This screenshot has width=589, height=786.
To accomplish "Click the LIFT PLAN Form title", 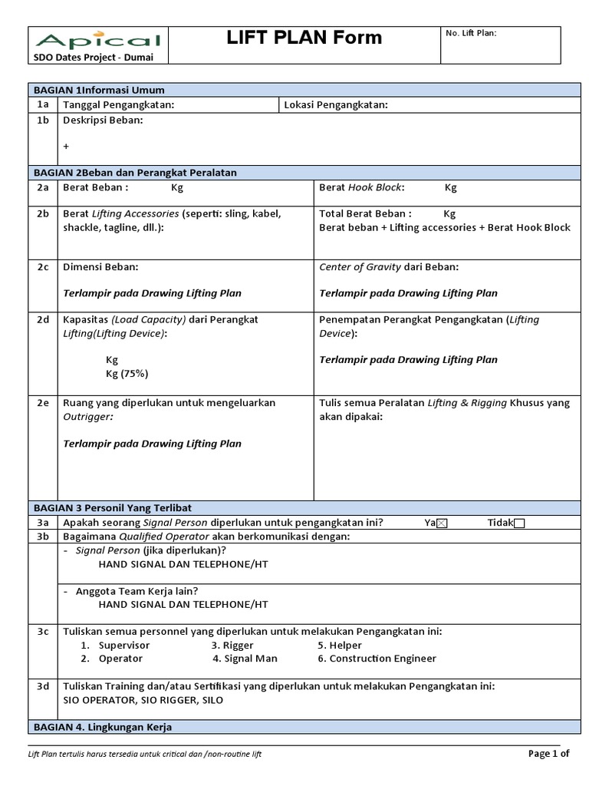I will click(304, 38).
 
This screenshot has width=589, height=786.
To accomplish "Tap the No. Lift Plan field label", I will click(471, 33).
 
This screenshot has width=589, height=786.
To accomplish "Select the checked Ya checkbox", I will click(441, 523).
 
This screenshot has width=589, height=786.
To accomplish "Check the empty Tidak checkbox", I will click(519, 523).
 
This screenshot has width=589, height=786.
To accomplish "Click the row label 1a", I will click(43, 105).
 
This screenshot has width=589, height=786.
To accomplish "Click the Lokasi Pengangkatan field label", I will click(336, 105).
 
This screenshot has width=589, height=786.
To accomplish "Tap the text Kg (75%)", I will click(127, 374).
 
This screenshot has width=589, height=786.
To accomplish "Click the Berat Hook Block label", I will click(361, 187).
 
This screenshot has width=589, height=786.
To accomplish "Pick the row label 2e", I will click(43, 403).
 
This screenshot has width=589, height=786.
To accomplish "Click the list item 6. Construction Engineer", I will click(377, 659).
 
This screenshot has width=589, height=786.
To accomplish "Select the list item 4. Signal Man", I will click(245, 659).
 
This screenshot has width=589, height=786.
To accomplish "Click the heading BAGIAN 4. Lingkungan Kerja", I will click(102, 727).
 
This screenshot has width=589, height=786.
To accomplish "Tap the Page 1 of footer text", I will click(549, 753).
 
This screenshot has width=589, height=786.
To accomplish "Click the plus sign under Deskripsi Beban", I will click(66, 146).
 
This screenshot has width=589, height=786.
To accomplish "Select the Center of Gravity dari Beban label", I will click(389, 267).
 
